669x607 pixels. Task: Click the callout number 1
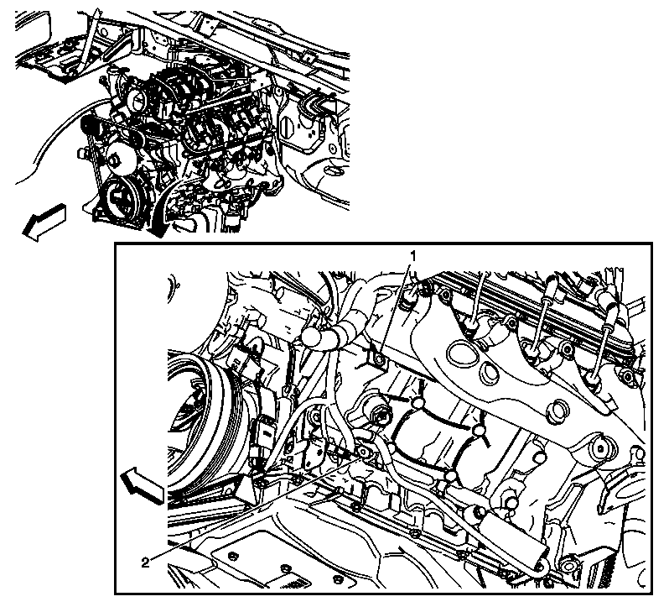pos(412,256)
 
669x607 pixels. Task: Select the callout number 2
pos(145,563)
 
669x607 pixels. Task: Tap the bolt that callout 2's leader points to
pos(363,452)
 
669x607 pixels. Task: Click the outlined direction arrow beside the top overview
pos(44,222)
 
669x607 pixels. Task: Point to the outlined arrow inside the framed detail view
pos(142,484)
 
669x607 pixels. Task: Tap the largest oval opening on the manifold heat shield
pos(463,353)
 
